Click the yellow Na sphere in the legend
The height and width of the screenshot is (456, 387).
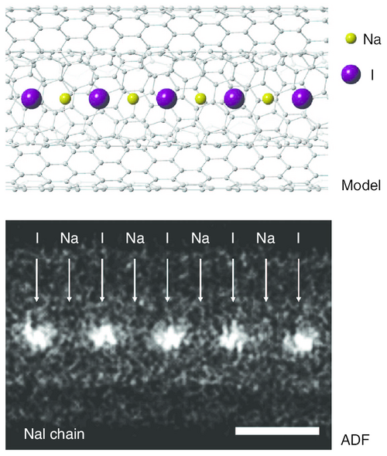point(351,39)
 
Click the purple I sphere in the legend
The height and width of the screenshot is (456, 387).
point(351,74)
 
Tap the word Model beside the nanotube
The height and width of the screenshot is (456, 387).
point(361,185)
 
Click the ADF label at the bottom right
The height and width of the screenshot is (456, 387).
point(355,440)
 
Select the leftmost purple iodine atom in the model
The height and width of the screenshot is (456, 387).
point(32,99)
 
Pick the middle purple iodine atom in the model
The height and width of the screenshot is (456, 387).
point(166,99)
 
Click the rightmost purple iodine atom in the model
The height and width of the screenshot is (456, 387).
point(303,99)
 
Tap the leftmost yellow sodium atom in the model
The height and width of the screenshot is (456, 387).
point(65,99)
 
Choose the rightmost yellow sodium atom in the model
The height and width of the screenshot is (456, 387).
point(268,99)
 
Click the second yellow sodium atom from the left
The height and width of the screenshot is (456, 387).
point(133,99)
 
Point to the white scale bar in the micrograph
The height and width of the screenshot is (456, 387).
point(277,430)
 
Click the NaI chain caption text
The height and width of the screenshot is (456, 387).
point(54,434)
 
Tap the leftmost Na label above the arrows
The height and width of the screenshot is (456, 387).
point(70,238)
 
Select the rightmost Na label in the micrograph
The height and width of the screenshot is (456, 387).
point(265,238)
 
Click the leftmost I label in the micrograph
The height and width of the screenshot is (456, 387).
point(37,238)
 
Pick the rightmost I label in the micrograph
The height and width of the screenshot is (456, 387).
point(298,238)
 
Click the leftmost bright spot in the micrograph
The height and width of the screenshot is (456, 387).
point(36,335)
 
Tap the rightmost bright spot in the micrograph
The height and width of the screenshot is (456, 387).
point(301,339)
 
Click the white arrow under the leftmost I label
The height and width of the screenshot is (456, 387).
point(36,280)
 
